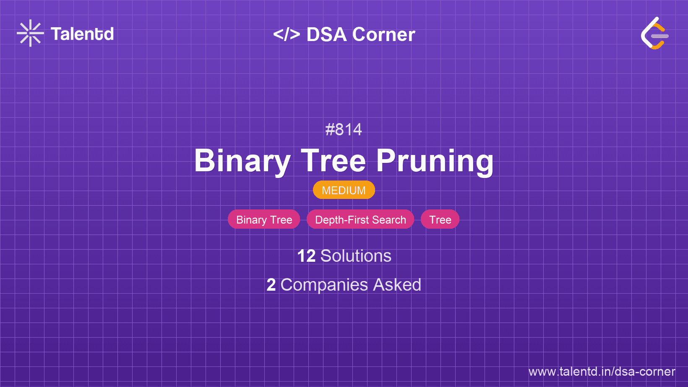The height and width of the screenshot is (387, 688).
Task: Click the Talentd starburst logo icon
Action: click(x=30, y=33)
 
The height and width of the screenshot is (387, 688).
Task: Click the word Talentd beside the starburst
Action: click(x=82, y=34)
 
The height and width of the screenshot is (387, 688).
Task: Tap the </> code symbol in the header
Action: click(x=287, y=34)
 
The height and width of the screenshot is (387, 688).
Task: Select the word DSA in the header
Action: click(x=326, y=34)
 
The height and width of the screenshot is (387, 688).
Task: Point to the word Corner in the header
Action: click(x=383, y=34)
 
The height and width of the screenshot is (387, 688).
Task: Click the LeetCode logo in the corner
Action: click(x=654, y=33)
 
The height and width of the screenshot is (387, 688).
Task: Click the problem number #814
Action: click(x=344, y=129)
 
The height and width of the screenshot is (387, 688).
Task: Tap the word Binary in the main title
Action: click(x=242, y=161)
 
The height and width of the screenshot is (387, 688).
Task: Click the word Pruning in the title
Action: click(x=435, y=162)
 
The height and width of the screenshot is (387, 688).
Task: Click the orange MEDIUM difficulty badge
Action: click(x=344, y=190)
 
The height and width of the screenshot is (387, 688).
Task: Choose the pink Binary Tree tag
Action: click(x=264, y=219)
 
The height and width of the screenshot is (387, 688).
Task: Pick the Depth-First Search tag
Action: click(x=360, y=219)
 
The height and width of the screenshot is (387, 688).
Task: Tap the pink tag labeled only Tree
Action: click(x=440, y=219)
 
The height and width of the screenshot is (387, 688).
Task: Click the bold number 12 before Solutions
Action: click(x=306, y=256)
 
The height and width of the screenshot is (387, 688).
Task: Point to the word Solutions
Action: click(x=356, y=256)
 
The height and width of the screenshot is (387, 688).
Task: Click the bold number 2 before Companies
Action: click(x=271, y=285)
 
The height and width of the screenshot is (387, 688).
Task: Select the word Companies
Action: click(x=324, y=285)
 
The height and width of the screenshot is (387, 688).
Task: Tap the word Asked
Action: click(x=397, y=284)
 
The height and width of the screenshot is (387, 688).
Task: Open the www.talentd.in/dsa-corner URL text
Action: click(x=602, y=372)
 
